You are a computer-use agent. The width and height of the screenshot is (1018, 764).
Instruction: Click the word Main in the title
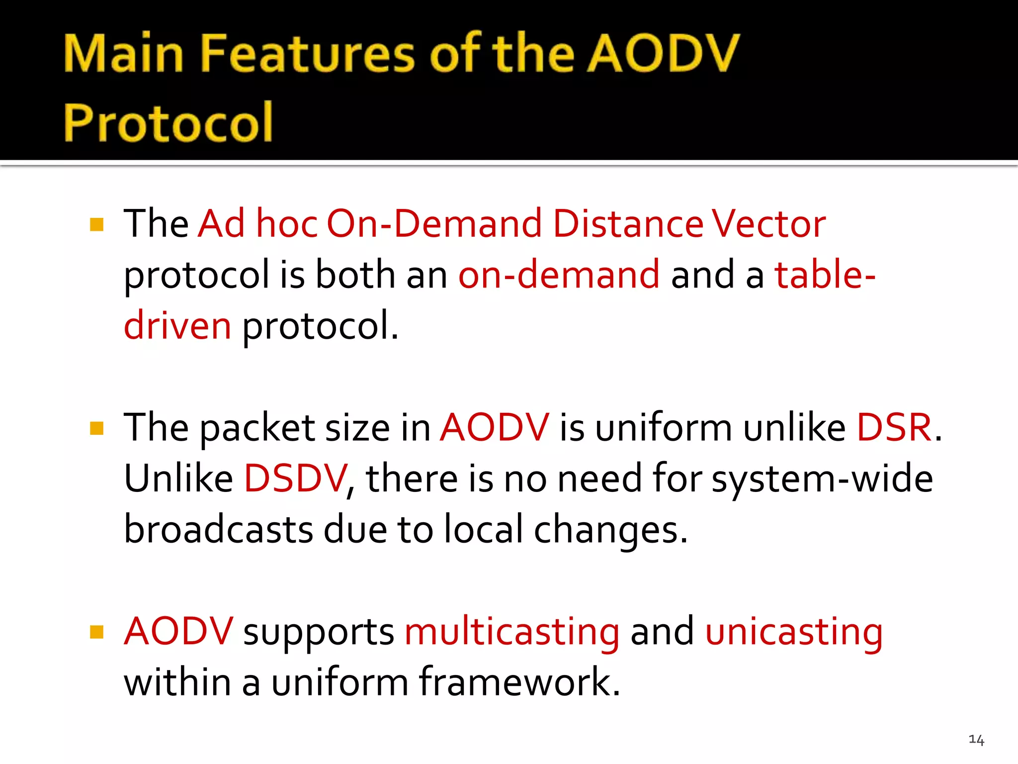(124, 53)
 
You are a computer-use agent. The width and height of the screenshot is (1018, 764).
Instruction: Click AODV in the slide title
(664, 53)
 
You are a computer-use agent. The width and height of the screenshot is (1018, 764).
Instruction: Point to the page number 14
(976, 740)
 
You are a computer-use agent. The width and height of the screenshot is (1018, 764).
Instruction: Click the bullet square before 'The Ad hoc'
(97, 225)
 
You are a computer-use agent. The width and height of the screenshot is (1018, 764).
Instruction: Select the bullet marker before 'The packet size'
(97, 428)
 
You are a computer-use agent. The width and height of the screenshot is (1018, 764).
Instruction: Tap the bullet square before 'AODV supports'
(97, 632)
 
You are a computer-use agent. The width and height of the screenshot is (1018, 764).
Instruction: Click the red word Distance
(628, 224)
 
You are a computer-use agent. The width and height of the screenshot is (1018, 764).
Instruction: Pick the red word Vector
(768, 224)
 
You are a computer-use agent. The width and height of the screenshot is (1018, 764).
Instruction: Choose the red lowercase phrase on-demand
(559, 275)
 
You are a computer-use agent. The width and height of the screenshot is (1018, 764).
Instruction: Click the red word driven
(177, 326)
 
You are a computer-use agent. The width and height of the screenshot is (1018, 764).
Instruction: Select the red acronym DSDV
(295, 478)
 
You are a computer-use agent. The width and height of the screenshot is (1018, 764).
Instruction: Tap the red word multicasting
(512, 633)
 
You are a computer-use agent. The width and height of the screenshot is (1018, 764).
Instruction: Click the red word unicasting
(794, 633)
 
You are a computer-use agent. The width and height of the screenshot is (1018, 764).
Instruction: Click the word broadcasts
(219, 530)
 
